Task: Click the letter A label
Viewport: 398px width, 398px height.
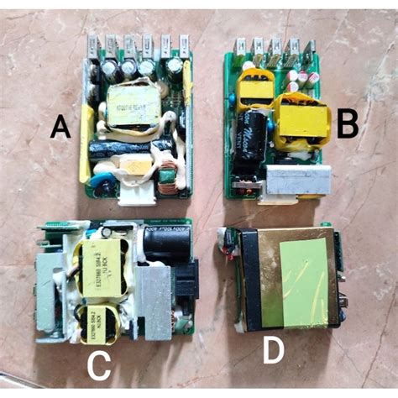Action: click(x=60, y=128)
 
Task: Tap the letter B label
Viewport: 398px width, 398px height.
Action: click(x=348, y=126)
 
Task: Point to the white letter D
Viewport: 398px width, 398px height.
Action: click(x=274, y=351)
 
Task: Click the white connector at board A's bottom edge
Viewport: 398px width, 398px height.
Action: click(x=136, y=192)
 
